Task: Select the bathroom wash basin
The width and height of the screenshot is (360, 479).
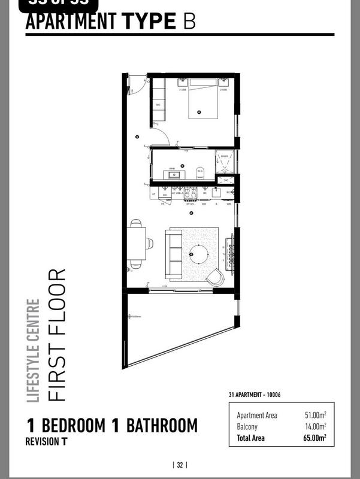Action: point(173,175)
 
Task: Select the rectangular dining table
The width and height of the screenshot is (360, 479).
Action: point(135,244)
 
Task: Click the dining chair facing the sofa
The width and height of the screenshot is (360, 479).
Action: point(149,244)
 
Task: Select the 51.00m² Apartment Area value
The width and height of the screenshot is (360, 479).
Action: point(316,415)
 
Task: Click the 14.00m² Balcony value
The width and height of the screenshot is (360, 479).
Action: point(316,426)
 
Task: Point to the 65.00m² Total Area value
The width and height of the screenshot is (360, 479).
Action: point(314,438)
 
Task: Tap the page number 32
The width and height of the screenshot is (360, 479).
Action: point(180,464)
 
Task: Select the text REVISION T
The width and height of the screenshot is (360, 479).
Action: point(46,442)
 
